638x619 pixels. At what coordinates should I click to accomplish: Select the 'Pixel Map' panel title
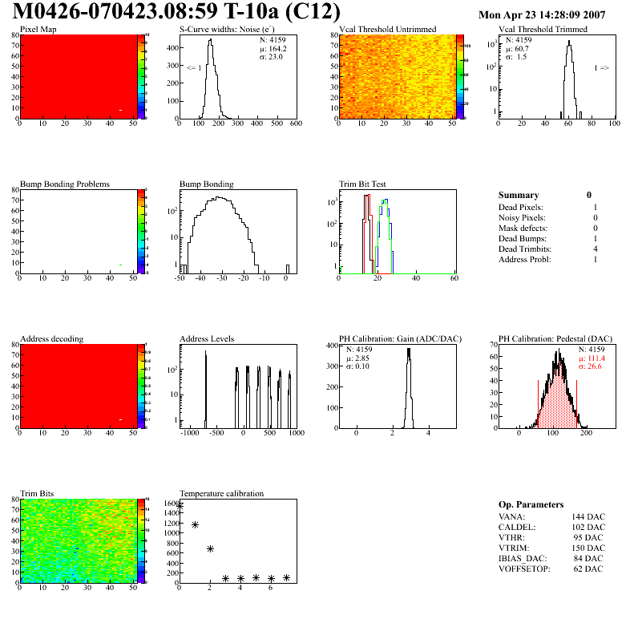pyautogui.click(x=38, y=30)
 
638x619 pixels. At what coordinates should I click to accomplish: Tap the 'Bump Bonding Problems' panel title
pyautogui.click(x=64, y=184)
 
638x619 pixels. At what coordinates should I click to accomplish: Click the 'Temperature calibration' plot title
pyautogui.click(x=221, y=494)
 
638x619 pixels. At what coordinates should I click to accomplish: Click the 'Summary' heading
pyautogui.click(x=519, y=195)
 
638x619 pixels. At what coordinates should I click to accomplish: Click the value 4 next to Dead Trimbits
pyautogui.click(x=595, y=249)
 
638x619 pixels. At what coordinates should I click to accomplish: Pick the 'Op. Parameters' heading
pyautogui.click(x=531, y=504)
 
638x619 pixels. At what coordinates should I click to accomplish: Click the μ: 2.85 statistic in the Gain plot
pyautogui.click(x=360, y=358)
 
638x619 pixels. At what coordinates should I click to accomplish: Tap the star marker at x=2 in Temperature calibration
pyautogui.click(x=210, y=549)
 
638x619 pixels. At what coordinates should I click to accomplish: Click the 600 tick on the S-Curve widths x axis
pyautogui.click(x=295, y=123)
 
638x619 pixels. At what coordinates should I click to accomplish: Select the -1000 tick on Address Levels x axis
pyautogui.click(x=190, y=433)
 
